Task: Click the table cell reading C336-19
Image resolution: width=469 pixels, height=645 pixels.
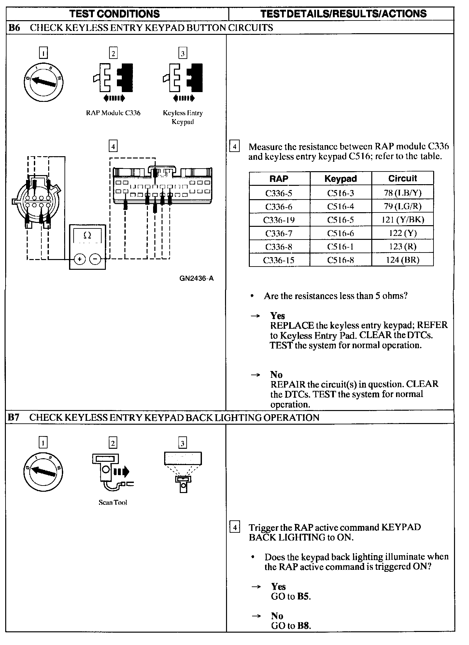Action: click(279, 220)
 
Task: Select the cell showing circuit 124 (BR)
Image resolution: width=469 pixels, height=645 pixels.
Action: click(403, 260)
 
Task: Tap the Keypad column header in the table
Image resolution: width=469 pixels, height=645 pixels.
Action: click(340, 179)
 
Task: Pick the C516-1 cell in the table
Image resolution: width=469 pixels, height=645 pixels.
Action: click(340, 247)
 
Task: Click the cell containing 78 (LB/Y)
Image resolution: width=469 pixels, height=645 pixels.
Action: click(403, 193)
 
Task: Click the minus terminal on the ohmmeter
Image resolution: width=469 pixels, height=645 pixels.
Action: click(95, 259)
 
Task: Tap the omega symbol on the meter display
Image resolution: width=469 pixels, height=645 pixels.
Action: click(87, 235)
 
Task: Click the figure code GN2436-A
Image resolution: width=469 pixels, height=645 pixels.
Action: click(196, 279)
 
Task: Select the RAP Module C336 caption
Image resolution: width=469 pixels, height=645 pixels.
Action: click(113, 113)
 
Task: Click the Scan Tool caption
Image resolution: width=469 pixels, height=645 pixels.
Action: click(113, 502)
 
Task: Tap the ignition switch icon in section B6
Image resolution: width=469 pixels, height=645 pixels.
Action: click(44, 81)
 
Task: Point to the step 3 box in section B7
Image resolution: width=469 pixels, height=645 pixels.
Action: click(183, 443)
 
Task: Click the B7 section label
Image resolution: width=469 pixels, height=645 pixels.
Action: click(14, 418)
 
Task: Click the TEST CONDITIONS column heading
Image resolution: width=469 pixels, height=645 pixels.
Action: click(115, 14)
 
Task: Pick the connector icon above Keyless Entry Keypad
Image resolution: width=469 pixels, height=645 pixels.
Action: click(183, 78)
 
